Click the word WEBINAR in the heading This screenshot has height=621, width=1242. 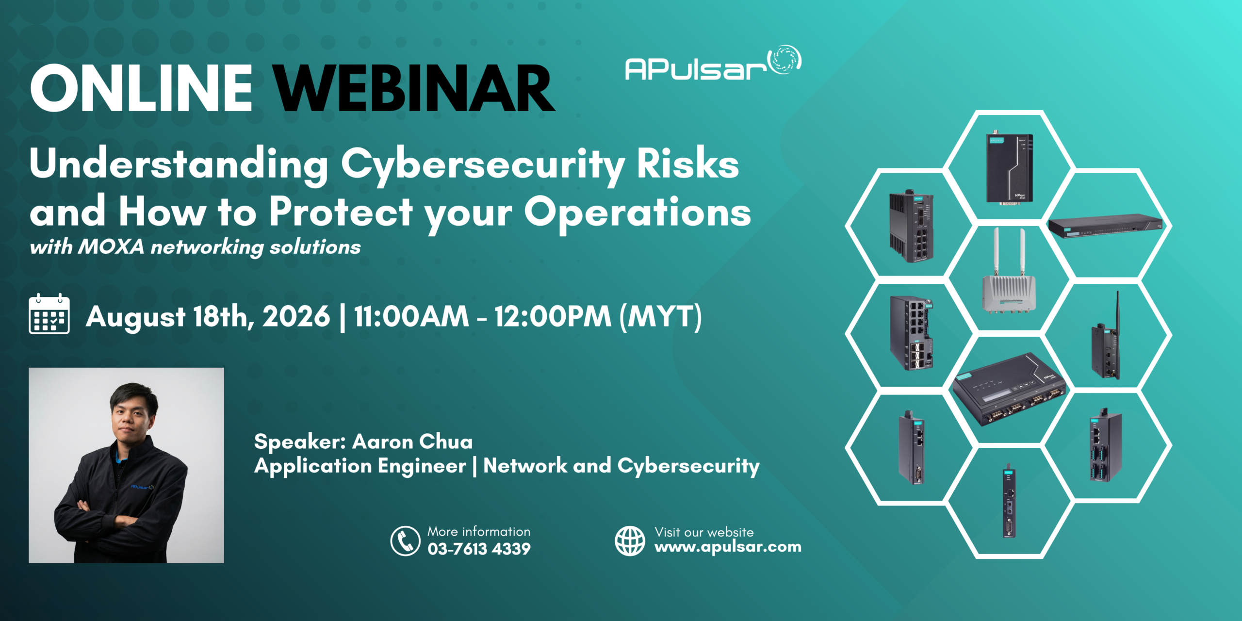pyautogui.click(x=414, y=88)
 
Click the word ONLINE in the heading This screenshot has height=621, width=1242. pyautogui.click(x=141, y=88)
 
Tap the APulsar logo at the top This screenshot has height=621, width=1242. pyautogui.click(x=713, y=63)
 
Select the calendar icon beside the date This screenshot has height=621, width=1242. pyautogui.click(x=49, y=314)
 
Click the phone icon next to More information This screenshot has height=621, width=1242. pyautogui.click(x=405, y=540)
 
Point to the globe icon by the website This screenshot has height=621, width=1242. pyautogui.click(x=630, y=540)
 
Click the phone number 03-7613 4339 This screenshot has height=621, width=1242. pyautogui.click(x=479, y=549)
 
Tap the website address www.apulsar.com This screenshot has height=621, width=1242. pyautogui.click(x=728, y=547)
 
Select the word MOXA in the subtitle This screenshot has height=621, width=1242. pyautogui.click(x=111, y=246)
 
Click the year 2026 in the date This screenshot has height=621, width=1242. pyautogui.click(x=296, y=316)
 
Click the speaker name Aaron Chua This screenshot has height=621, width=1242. pyautogui.click(x=412, y=441)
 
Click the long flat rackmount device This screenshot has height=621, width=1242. pyautogui.click(x=1106, y=226)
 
